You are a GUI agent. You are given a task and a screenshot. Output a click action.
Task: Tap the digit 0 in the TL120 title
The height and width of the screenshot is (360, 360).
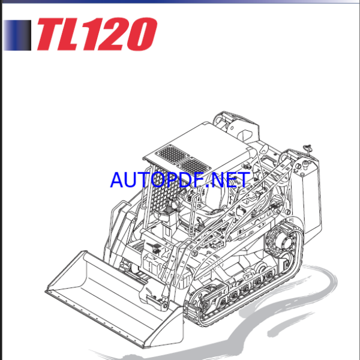(140, 34)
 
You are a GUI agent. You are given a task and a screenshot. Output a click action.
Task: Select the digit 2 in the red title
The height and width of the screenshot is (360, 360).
(113, 34)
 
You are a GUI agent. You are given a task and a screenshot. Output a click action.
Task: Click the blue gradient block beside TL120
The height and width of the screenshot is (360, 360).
(17, 35)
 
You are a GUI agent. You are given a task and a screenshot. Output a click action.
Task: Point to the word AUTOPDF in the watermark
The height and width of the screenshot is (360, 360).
(157, 179)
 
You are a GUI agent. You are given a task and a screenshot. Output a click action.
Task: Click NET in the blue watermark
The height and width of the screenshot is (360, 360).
(228, 179)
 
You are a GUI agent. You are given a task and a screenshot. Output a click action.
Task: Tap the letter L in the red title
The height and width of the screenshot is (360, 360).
(79, 34)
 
